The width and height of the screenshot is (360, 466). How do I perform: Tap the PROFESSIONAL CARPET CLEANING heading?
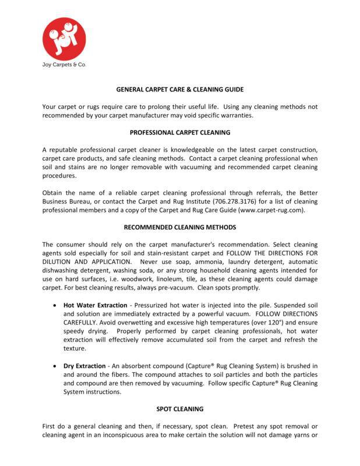[179, 132]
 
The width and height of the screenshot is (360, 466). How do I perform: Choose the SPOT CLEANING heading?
[179, 409]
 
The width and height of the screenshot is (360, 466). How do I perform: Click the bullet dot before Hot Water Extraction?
[54, 305]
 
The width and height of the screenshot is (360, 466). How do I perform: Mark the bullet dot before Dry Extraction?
[54, 366]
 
